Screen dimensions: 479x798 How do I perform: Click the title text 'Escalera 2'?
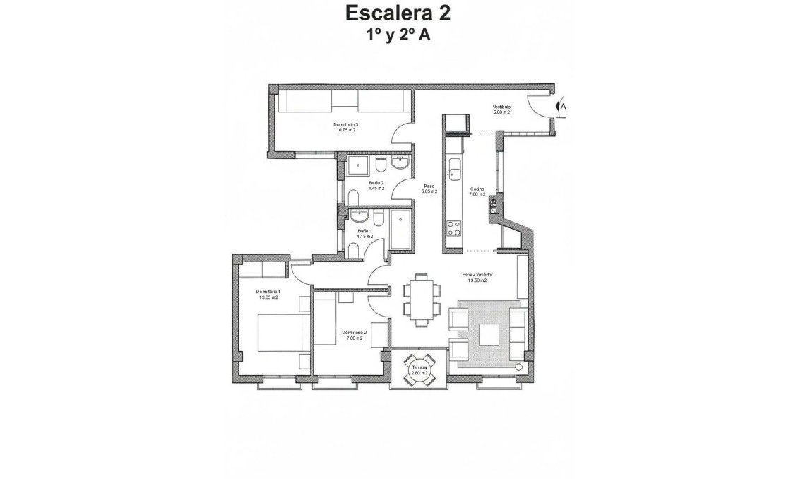[397, 13]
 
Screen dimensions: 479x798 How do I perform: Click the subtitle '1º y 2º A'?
[397, 36]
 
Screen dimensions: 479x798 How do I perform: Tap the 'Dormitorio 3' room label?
[345, 125]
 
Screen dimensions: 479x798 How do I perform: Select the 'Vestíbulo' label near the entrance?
[501, 107]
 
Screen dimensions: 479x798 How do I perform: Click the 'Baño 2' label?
[376, 182]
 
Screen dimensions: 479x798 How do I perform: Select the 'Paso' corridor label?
[429, 186]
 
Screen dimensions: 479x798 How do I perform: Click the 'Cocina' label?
[477, 189]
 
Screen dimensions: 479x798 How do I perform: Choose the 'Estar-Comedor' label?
[479, 274]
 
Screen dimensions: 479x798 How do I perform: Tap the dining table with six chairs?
[422, 300]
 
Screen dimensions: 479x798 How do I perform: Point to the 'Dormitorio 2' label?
[354, 332]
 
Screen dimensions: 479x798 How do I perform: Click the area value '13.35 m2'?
[268, 297]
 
